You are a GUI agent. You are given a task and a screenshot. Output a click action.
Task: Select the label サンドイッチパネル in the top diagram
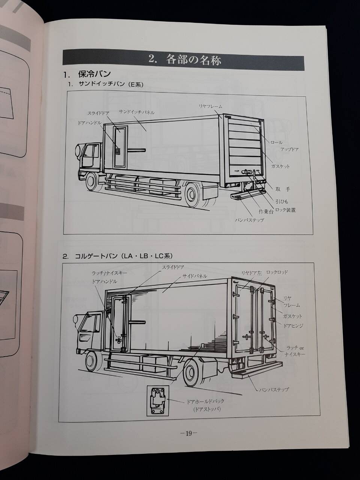coord(136,112)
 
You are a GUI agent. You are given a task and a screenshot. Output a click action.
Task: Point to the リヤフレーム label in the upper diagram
coord(211,106)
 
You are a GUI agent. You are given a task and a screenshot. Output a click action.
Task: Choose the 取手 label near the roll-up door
coord(282,189)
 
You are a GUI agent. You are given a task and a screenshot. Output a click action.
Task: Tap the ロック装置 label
coord(285,210)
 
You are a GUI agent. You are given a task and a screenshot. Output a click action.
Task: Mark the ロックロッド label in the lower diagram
coord(277,272)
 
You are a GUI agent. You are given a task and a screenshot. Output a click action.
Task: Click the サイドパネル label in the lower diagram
coord(195,276)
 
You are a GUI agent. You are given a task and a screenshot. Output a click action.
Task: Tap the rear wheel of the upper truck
coord(193,193)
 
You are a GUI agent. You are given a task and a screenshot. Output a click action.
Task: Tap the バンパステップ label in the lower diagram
coord(274,390)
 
